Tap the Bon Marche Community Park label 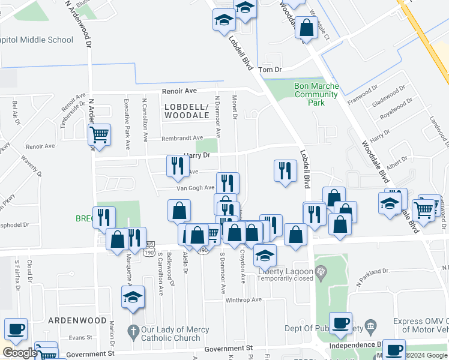[316, 94]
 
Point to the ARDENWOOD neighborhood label [77, 320]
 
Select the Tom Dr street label [270, 70]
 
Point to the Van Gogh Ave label [195, 188]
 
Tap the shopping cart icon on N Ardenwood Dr [100, 134]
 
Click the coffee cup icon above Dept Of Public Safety [340, 323]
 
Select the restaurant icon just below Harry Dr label [177, 166]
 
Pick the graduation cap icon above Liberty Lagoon [265, 255]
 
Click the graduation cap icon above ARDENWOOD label [133, 297]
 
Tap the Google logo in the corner [19, 352]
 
